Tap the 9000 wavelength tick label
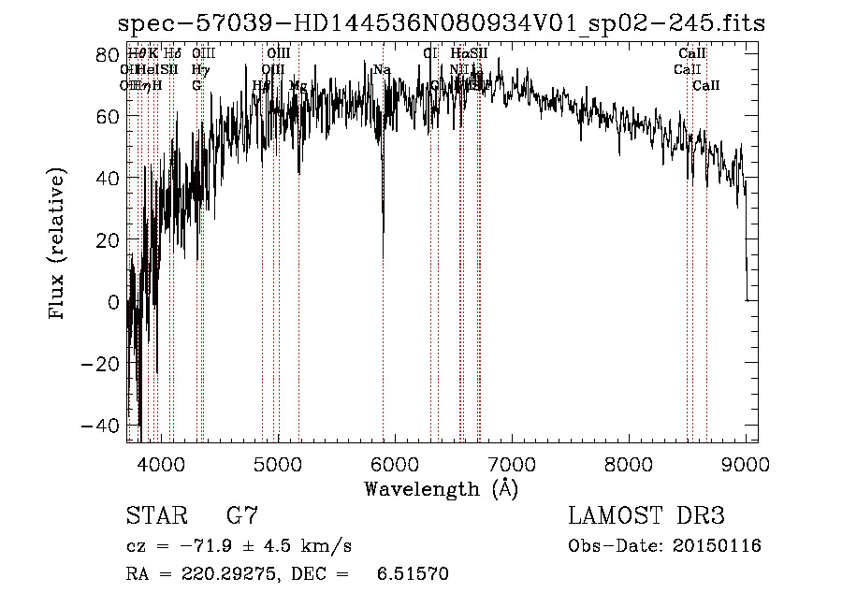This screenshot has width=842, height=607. pyautogui.click(x=746, y=463)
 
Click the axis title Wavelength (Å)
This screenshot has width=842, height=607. pyautogui.click(x=441, y=488)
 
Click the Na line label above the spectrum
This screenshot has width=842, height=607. pyautogui.click(x=382, y=70)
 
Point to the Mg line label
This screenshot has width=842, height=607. pyautogui.click(x=298, y=86)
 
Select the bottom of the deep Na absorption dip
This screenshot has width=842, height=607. pyautogui.click(x=383, y=256)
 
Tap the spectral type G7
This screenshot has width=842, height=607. pyautogui.click(x=242, y=516)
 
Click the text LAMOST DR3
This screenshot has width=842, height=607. pyautogui.click(x=646, y=516)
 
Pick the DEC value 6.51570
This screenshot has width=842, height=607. pyautogui.click(x=412, y=573)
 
